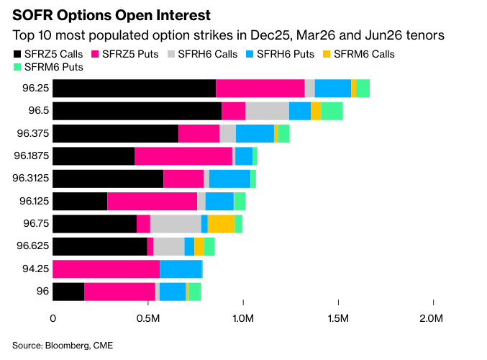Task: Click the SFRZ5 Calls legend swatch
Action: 18,54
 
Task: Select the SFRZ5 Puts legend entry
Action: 126,54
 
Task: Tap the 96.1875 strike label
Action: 31,156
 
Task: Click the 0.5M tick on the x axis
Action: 148,318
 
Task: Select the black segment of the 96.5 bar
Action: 137,111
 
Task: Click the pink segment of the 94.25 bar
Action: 106,269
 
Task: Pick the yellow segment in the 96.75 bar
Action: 221,224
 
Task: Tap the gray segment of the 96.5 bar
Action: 267,111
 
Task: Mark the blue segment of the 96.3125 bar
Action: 229,179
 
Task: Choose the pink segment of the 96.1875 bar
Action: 183,156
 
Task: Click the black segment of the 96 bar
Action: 68,292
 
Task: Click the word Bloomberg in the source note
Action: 64,346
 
